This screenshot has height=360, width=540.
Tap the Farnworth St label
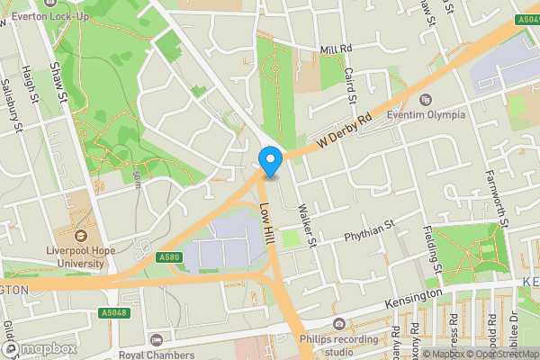503,198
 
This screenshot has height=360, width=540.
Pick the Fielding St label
431,249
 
